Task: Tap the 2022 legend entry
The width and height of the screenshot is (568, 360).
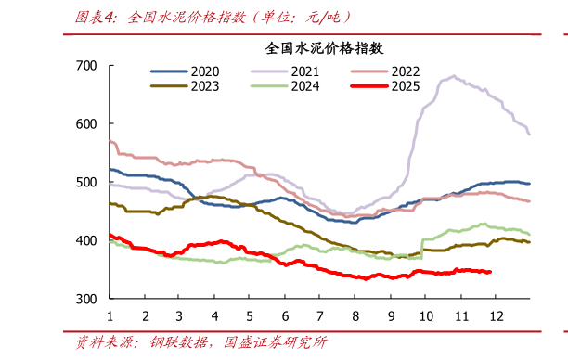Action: click(405, 71)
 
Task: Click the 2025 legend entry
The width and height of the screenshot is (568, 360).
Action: click(405, 86)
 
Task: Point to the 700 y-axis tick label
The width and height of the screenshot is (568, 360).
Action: click(86, 66)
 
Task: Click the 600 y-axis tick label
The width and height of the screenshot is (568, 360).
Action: click(86, 124)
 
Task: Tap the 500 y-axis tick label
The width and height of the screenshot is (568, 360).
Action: click(86, 183)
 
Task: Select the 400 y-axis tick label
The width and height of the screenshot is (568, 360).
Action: click(86, 241)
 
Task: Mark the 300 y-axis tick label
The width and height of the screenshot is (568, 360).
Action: click(86, 300)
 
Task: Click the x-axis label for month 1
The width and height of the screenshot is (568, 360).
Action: click(110, 315)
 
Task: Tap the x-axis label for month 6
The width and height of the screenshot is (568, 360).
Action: click(285, 315)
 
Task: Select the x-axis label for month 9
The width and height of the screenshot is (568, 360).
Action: click(391, 315)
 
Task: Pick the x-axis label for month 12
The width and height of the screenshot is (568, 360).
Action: click(496, 315)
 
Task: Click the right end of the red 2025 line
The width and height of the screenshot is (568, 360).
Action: click(490, 272)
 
